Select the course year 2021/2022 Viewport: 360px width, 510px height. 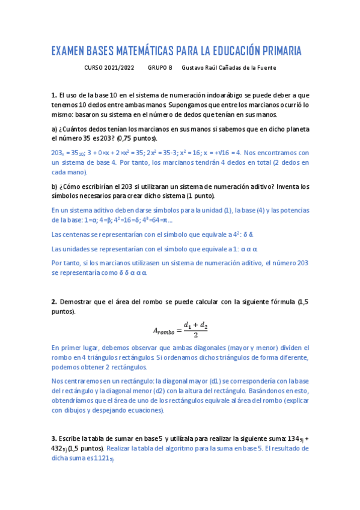[x=120, y=68]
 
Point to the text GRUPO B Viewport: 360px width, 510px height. [x=160, y=68]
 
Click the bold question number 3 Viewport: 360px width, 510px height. [x=53, y=438]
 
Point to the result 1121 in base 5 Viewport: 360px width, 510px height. [x=103, y=458]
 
